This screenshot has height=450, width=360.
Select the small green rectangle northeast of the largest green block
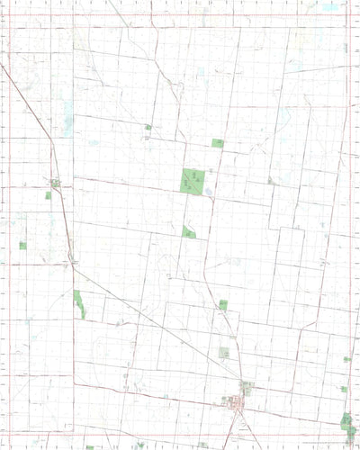217,142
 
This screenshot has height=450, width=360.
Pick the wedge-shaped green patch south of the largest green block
189,231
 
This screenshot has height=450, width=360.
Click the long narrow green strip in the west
79,303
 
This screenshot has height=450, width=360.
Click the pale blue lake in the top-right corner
329,7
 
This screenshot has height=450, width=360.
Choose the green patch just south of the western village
49,194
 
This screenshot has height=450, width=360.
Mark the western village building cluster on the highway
56,183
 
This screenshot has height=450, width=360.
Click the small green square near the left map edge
22,245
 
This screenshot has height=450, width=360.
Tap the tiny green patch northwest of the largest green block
148,128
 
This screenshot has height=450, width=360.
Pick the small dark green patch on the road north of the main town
223,305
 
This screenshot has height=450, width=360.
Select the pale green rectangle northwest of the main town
224,353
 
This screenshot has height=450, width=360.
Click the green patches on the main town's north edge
245,387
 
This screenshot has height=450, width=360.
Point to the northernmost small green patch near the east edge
346,359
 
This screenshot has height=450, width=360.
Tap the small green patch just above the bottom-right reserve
344,389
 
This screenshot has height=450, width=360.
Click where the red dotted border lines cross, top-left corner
8,15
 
